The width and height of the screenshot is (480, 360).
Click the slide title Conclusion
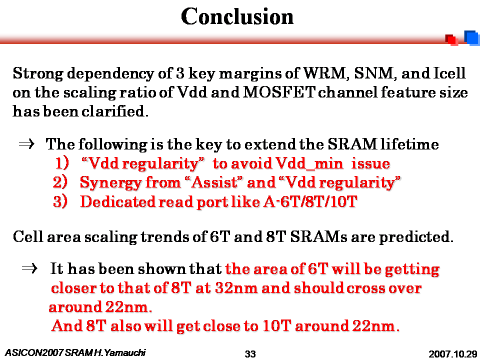[x=237, y=16]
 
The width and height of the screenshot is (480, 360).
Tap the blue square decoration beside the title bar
[x=471, y=38]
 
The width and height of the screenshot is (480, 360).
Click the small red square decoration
[x=452, y=40]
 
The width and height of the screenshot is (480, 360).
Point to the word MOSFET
[x=278, y=92]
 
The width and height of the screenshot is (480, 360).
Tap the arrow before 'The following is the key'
[x=27, y=144]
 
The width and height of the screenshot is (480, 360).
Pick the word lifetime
[x=409, y=144]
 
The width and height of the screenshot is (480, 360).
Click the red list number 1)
[x=62, y=163]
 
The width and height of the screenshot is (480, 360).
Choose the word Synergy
[x=110, y=183]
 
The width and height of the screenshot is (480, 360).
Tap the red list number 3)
[x=60, y=201]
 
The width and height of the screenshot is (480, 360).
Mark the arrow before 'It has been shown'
[x=29, y=268]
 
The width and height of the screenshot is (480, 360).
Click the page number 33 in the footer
[x=250, y=354]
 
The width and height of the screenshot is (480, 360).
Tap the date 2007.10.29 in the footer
[x=453, y=354]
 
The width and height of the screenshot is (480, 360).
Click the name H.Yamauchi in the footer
[x=120, y=352]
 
